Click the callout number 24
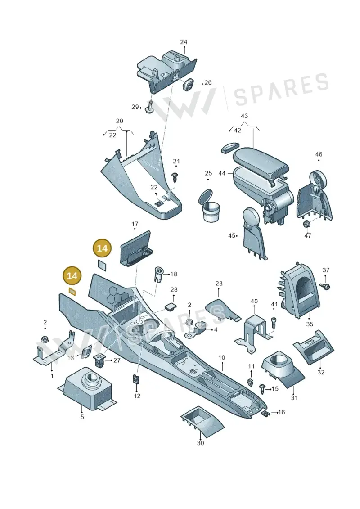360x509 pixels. tap(184, 42)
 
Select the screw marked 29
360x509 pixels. tap(150, 107)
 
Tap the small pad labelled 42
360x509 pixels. tap(230, 148)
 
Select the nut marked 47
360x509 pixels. tap(306, 224)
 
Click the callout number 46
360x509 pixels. tap(319, 154)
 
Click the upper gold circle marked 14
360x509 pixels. tap(102, 248)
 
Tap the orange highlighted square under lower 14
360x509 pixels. tap(72, 292)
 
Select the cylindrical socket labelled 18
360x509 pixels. tap(159, 275)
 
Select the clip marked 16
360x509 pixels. tap(265, 413)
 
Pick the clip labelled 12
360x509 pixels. tap(136, 379)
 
